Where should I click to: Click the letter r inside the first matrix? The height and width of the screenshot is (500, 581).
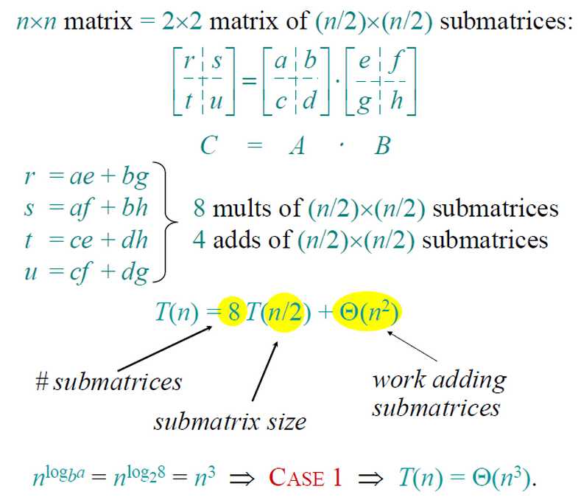coord(189,61)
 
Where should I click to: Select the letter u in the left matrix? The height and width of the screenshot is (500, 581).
coord(216,100)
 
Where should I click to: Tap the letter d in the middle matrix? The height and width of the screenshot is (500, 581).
coord(310,100)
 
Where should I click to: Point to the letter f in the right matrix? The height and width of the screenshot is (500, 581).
coord(397,61)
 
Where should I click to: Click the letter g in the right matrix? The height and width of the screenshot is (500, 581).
coord(364,103)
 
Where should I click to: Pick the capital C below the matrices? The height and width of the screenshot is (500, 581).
coord(209,145)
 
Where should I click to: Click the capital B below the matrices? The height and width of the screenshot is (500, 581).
coord(382,145)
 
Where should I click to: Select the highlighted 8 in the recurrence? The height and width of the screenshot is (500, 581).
coord(234,311)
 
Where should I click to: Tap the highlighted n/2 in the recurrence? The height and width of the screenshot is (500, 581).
coord(284,312)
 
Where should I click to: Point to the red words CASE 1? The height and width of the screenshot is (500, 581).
coord(305,477)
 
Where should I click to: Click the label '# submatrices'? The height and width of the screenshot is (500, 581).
coord(108,381)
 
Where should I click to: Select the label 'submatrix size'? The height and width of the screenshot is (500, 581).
coord(230,422)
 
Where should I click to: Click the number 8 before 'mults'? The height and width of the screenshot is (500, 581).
coord(199,208)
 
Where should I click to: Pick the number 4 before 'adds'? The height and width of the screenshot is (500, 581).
coord(199,240)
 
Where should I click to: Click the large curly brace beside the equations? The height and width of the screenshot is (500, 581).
coord(165,222)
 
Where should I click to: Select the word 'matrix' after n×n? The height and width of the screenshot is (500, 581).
coord(98,21)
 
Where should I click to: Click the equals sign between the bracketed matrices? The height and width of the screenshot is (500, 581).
coord(250,80)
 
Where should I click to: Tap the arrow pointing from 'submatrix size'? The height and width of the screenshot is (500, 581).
coord(264,371)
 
